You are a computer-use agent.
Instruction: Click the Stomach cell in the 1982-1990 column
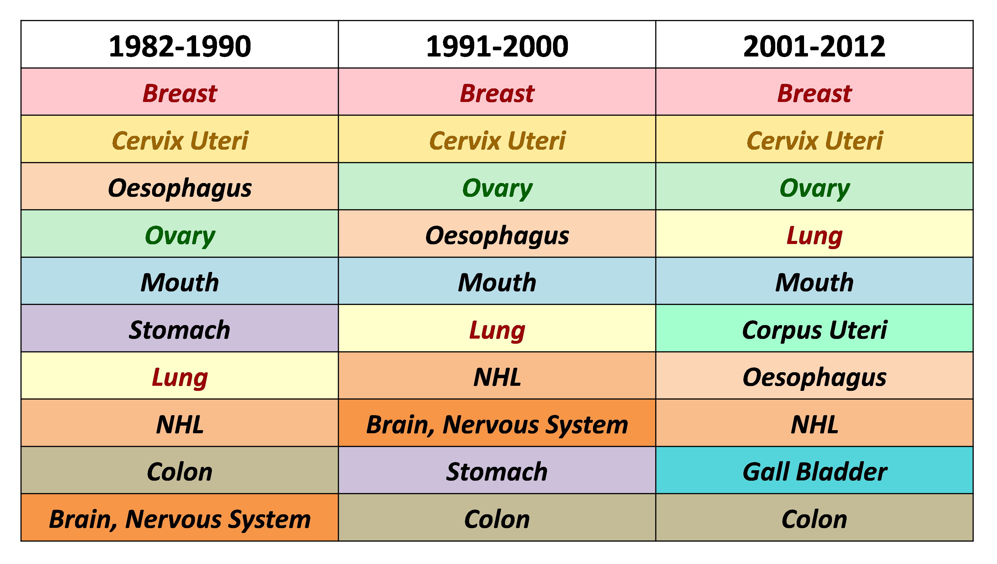(180, 328)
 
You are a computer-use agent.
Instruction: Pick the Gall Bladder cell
(814, 470)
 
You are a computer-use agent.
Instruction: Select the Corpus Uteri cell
(814, 328)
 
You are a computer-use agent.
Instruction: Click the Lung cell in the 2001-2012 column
(814, 234)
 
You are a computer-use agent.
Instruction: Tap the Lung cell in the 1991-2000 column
(497, 328)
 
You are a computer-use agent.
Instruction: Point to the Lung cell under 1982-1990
(180, 376)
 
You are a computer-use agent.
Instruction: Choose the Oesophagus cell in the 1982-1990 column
(180, 186)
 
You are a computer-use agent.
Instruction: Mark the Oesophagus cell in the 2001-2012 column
(814, 376)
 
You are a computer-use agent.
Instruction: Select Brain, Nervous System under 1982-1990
(180, 517)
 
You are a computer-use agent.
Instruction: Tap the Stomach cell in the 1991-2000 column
(497, 470)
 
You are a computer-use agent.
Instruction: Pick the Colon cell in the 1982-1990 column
(180, 470)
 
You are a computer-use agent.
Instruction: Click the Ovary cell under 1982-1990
(180, 234)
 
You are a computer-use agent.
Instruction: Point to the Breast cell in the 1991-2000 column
(497, 92)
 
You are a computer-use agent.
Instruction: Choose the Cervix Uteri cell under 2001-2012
(814, 139)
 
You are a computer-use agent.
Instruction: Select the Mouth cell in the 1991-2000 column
(497, 281)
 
